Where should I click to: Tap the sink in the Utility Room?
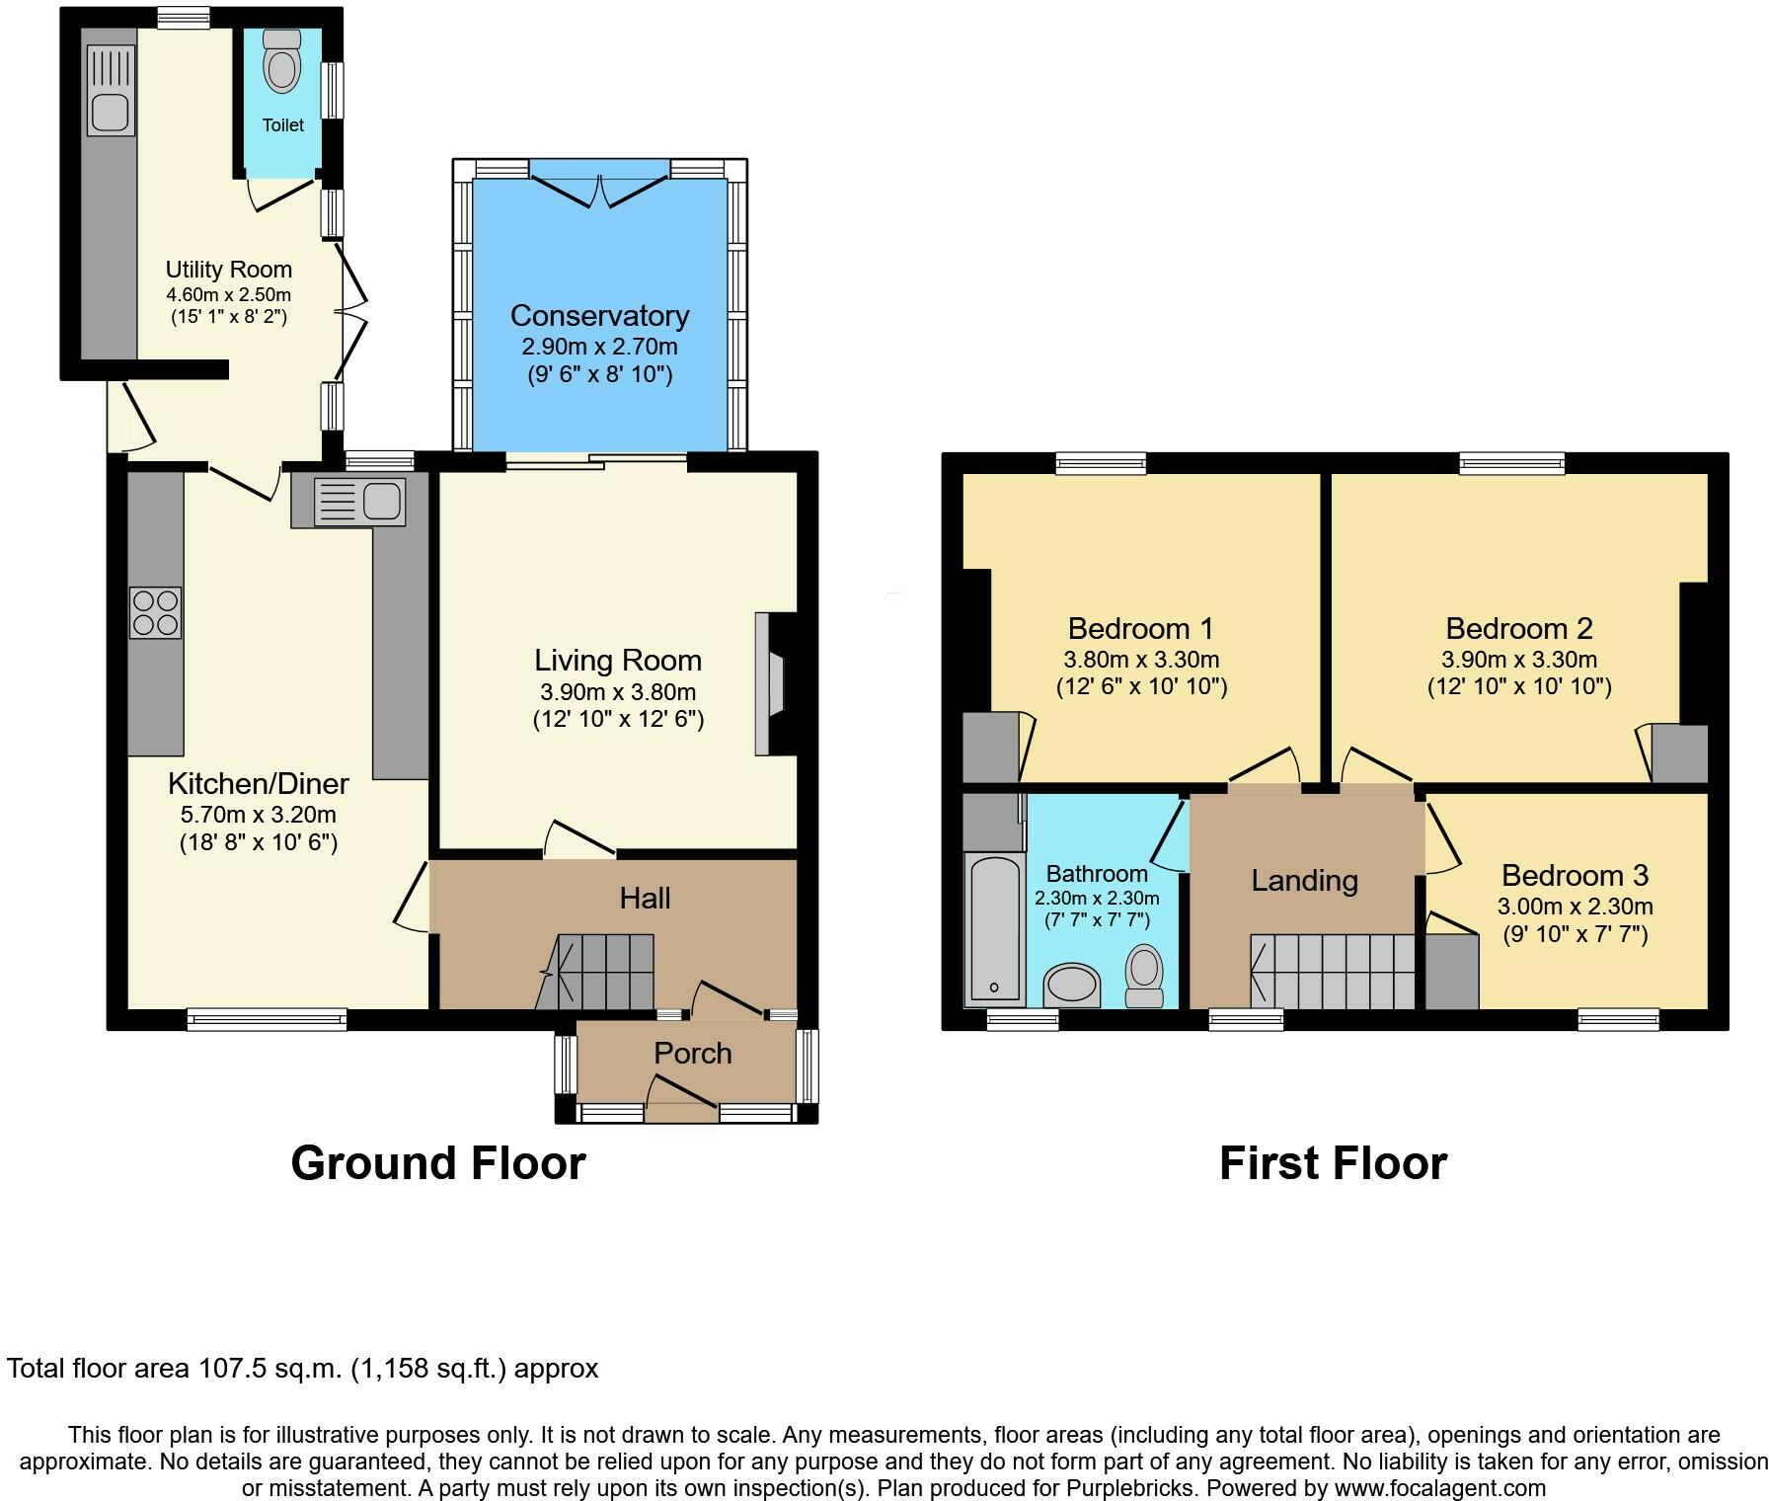tap(111, 91)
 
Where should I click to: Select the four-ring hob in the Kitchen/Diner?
tap(156, 612)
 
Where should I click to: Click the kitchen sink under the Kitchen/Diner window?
tap(359, 502)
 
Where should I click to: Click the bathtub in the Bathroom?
tap(994, 928)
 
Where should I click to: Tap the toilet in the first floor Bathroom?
tap(1144, 976)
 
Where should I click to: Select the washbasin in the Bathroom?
tap(1072, 986)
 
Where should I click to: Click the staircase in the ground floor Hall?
tap(595, 972)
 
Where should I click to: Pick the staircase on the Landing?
tap(1334, 972)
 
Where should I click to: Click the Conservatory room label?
tap(599, 316)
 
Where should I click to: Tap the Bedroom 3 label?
tap(1575, 875)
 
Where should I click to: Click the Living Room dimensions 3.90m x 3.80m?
tap(618, 691)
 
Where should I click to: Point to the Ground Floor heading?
tap(438, 1162)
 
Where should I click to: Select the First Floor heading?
tap(1334, 1162)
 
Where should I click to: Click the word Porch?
tap(693, 1054)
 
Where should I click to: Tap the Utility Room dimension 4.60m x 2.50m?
tap(228, 294)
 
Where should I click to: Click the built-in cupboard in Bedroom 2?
tap(1679, 753)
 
